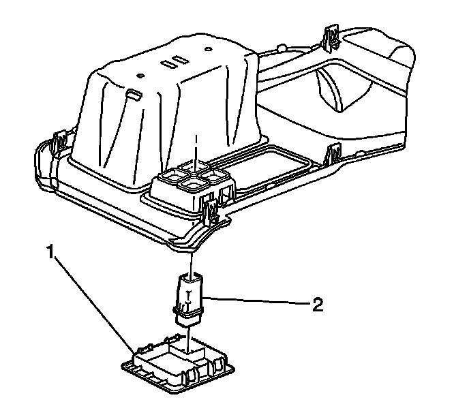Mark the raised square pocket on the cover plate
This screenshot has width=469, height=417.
point(194,353)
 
